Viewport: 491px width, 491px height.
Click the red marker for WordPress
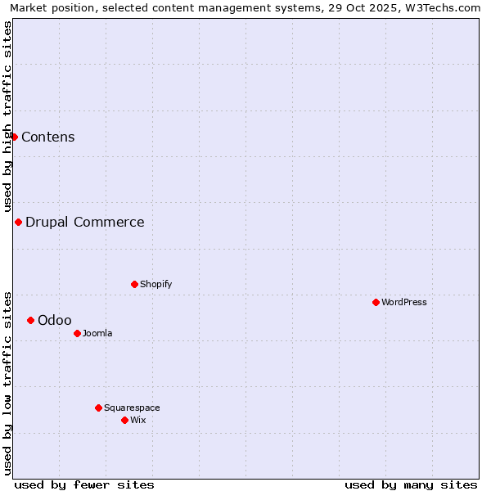(x=376, y=302)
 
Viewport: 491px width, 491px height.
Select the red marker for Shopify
(x=134, y=284)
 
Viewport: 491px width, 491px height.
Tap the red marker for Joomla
(x=77, y=333)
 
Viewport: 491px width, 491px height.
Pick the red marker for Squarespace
(x=98, y=408)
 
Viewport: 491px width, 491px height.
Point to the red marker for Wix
(x=124, y=420)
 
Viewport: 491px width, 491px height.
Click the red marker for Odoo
(x=30, y=320)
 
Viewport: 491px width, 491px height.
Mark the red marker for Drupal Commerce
(x=18, y=222)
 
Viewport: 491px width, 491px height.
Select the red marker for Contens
(x=14, y=137)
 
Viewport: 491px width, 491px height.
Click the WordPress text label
(x=404, y=302)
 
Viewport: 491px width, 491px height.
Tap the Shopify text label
(x=156, y=284)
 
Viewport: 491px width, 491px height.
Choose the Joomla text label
(x=97, y=333)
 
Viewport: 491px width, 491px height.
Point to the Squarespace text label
(x=132, y=408)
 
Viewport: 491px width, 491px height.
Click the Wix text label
(x=138, y=420)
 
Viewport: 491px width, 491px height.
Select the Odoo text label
(x=55, y=320)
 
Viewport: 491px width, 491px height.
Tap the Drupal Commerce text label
(x=85, y=222)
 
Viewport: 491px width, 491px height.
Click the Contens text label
(x=48, y=137)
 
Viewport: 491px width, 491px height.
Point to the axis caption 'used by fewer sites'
(x=84, y=484)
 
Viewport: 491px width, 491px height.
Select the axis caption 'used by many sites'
(x=411, y=484)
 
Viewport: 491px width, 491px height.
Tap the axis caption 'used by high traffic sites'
(x=7, y=116)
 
